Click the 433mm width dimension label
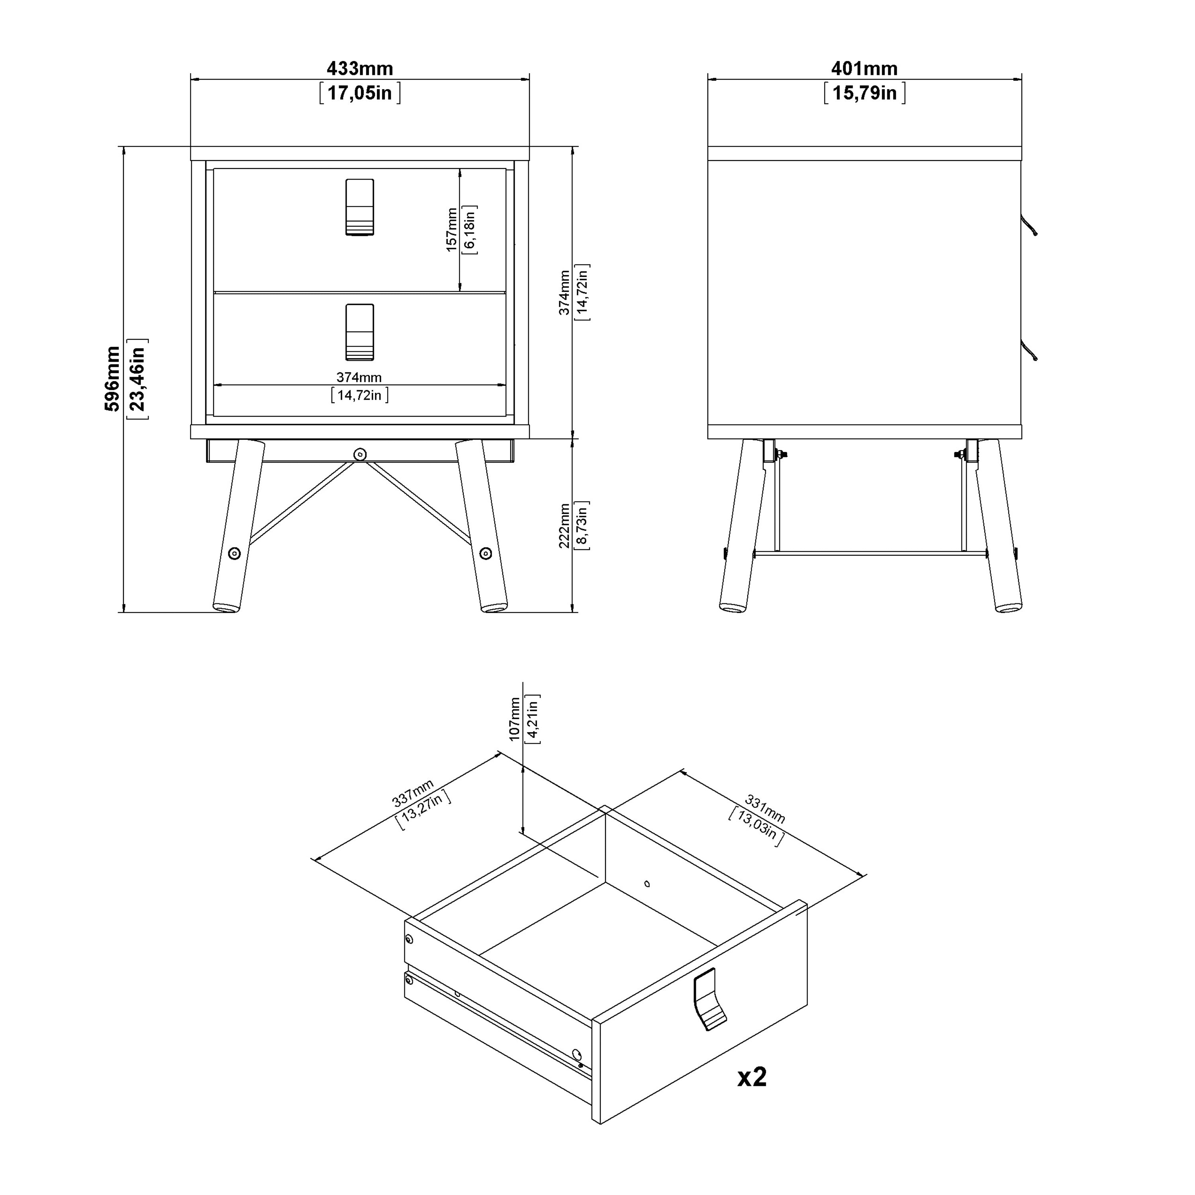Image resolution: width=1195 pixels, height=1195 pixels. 359,68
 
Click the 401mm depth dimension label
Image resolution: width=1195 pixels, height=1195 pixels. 864,68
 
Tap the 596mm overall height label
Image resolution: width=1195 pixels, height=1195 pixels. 113,378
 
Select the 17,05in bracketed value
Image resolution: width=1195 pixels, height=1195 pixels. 359,93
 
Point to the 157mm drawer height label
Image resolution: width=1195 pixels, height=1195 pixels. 452,229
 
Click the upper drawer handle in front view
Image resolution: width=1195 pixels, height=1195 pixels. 359,207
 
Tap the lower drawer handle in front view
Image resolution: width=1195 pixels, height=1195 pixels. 359,332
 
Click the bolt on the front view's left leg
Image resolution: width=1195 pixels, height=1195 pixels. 235,553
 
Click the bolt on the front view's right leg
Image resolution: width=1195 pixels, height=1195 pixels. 486,553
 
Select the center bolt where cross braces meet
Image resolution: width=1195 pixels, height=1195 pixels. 359,454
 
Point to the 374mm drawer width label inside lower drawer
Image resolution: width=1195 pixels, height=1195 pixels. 359,377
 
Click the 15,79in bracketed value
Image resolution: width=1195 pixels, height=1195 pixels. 864,93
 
